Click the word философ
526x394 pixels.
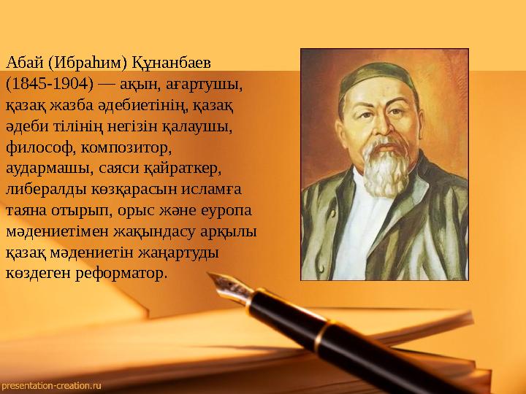(34, 148)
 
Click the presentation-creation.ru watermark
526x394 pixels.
(51, 383)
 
